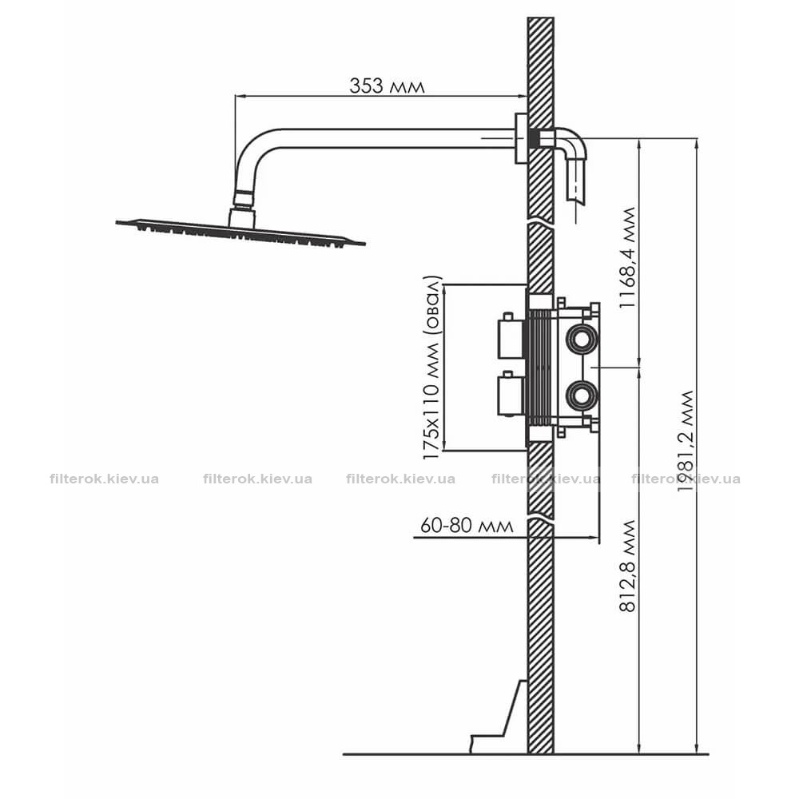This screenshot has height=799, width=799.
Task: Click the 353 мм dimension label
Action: (387, 85)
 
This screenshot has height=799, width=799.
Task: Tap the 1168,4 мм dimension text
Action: (628, 257)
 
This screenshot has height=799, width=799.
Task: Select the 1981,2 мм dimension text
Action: (687, 441)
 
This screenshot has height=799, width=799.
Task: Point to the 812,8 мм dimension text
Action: (628, 566)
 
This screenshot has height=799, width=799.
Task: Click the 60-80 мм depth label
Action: (467, 526)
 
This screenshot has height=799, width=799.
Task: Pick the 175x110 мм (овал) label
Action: (432, 368)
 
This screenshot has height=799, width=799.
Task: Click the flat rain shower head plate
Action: (240, 233)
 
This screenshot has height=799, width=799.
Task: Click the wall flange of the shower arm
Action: (521, 138)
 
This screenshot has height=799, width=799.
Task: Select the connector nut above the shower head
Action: (244, 199)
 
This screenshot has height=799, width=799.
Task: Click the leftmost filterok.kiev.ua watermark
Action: (105, 479)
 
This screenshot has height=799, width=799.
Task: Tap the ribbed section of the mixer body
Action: (541, 367)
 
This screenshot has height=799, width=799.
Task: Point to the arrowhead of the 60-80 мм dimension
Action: (593, 537)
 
